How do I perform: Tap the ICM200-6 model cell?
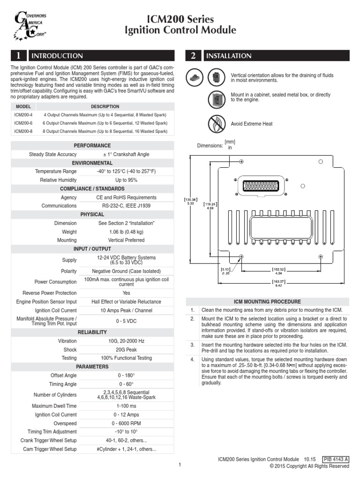click(x=23, y=123)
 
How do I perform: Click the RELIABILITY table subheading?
click(x=92, y=332)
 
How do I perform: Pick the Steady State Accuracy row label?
click(x=53, y=154)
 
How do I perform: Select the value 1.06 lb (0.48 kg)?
click(x=126, y=232)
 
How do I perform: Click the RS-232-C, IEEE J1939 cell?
click(x=126, y=205)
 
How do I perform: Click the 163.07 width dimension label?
click(x=278, y=283)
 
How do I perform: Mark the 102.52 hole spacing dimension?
click(x=278, y=270)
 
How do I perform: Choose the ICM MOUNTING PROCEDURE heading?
click(x=267, y=301)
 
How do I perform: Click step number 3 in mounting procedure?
click(x=192, y=345)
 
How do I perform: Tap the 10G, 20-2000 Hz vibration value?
click(x=126, y=341)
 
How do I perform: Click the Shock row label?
click(x=70, y=349)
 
